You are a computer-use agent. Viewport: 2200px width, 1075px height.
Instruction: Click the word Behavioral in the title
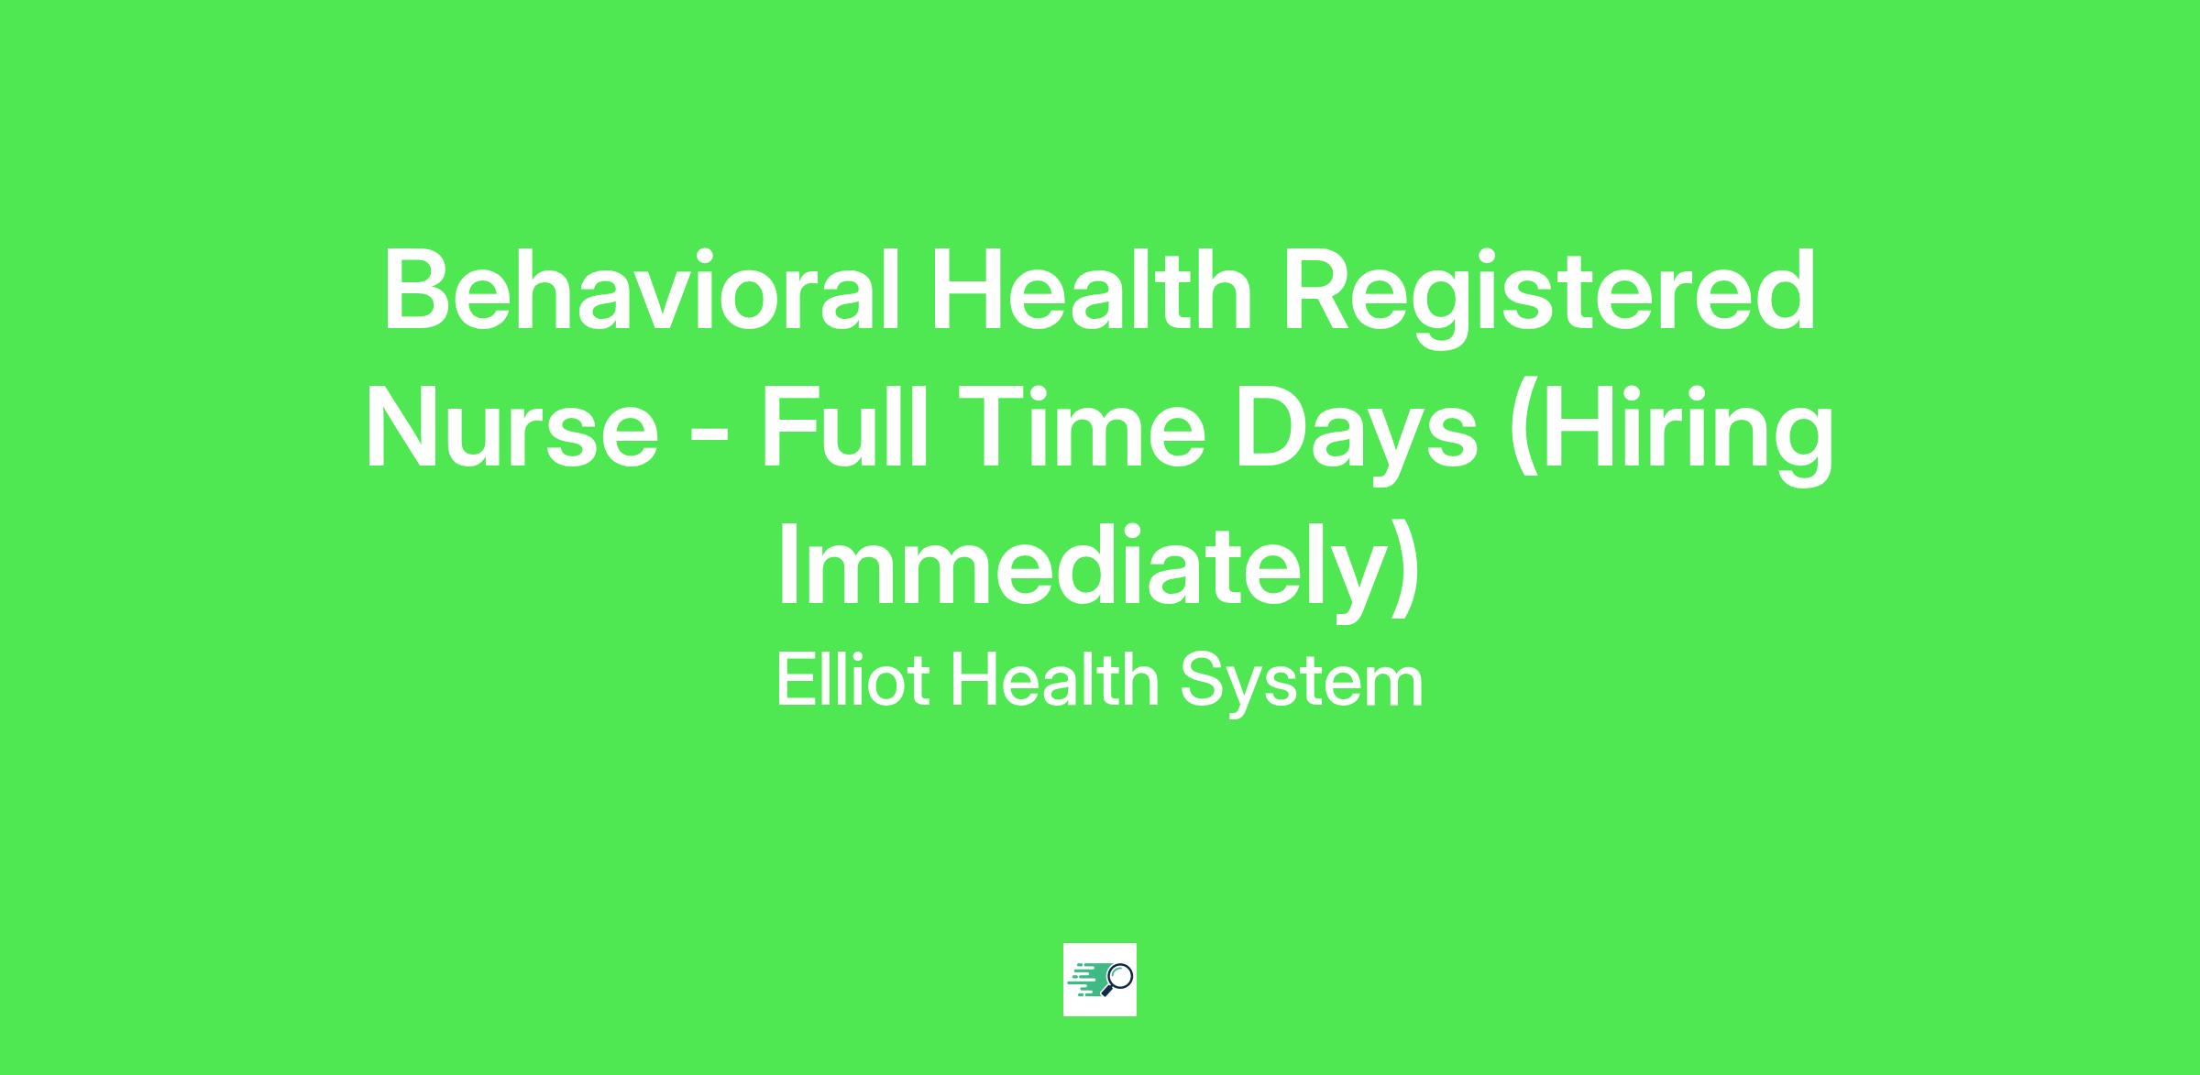[x=642, y=290]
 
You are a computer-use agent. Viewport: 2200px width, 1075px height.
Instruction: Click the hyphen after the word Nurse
[x=709, y=438]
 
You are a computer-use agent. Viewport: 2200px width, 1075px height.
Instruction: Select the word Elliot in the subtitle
[x=852, y=680]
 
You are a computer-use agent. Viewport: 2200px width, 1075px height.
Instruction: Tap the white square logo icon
[x=1100, y=980]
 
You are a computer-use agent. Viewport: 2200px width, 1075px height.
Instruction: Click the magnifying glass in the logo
[x=1118, y=979]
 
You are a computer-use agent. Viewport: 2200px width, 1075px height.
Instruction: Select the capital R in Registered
[x=1320, y=291]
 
